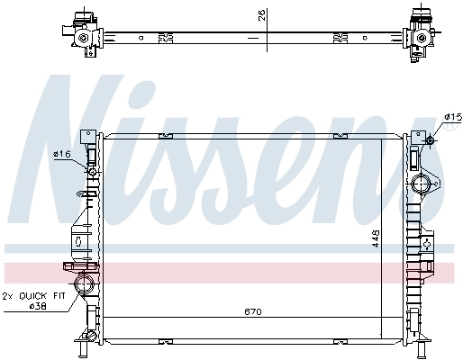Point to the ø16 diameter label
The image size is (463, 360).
point(63,154)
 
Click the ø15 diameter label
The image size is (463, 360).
point(451,116)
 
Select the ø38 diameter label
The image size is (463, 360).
point(38,306)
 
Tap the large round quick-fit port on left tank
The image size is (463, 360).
point(86,286)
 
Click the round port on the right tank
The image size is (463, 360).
point(422,186)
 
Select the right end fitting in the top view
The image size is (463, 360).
point(421,34)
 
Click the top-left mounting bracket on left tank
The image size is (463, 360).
point(88,138)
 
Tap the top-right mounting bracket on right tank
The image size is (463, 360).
point(416,138)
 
